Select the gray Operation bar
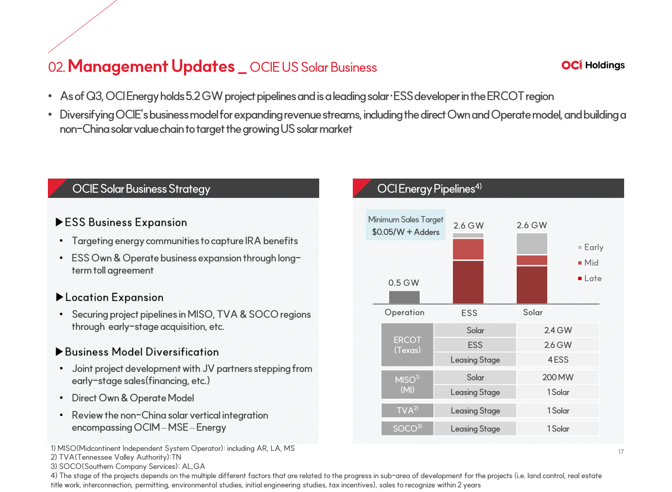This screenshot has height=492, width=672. [x=404, y=297]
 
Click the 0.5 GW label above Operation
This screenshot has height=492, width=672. [x=404, y=282]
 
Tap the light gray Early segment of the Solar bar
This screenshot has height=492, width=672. [x=532, y=244]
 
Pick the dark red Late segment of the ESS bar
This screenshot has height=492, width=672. [x=468, y=282]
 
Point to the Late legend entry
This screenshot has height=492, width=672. [x=590, y=278]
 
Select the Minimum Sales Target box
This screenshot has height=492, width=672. [x=405, y=225]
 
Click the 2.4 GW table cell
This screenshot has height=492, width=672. [x=558, y=330]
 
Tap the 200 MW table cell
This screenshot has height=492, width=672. [x=558, y=377]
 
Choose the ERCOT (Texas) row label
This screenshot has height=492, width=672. [x=407, y=345]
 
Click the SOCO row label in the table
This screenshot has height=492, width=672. [x=407, y=429]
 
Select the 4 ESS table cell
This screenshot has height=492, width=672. [x=558, y=360]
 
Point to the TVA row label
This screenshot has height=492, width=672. [x=407, y=410]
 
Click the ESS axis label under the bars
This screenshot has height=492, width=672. [x=469, y=313]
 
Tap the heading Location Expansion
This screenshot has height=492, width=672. [x=114, y=297]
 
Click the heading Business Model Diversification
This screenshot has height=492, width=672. [x=142, y=352]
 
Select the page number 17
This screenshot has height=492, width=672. [x=621, y=452]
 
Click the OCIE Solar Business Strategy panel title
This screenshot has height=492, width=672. [x=141, y=189]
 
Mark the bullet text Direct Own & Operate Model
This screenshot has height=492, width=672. [x=133, y=398]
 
